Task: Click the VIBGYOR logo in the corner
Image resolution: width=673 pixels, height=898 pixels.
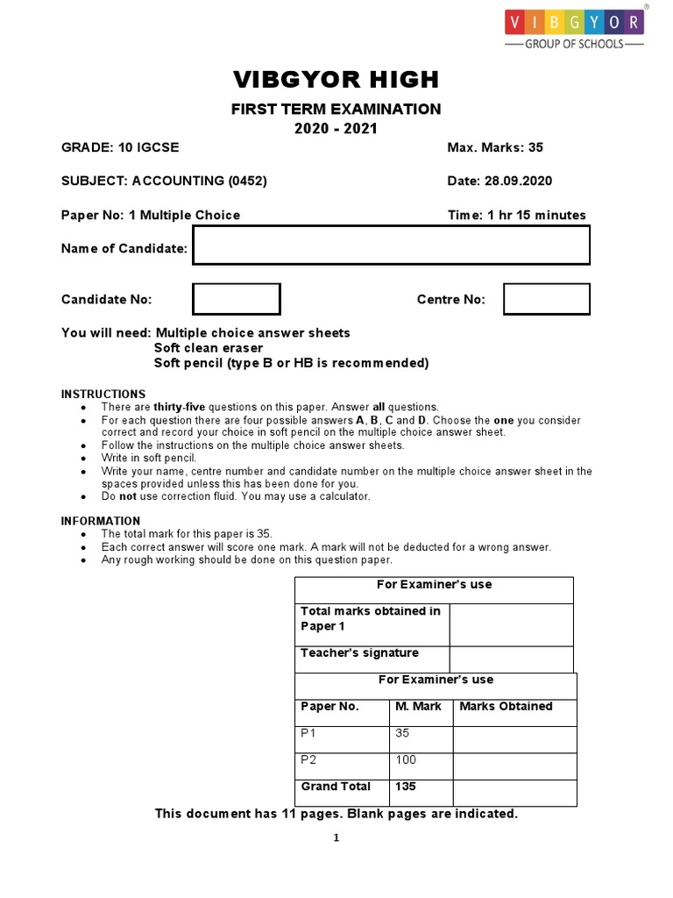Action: (x=573, y=26)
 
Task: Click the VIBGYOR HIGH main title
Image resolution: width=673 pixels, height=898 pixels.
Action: (x=336, y=80)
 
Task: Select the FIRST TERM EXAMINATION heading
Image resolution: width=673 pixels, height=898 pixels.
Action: (x=336, y=109)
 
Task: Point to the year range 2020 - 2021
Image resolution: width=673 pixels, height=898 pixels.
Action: (x=336, y=128)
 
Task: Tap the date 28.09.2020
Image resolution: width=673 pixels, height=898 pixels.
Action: (x=517, y=182)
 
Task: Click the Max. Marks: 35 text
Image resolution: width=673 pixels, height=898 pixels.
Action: (x=495, y=148)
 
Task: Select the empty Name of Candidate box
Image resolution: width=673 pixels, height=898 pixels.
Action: (x=391, y=245)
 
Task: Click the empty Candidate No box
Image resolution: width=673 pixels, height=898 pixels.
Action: (x=236, y=299)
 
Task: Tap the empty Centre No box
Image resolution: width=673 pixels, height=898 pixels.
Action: (x=547, y=299)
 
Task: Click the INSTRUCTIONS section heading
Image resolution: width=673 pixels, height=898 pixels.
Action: (x=103, y=394)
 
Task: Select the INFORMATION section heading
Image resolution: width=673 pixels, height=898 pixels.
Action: (x=101, y=521)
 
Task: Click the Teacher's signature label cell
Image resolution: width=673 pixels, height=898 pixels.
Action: (x=359, y=653)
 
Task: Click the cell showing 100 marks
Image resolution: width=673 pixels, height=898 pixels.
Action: (x=406, y=759)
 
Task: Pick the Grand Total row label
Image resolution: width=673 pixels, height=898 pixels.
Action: (x=336, y=787)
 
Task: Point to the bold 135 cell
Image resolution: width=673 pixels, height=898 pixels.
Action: (x=406, y=787)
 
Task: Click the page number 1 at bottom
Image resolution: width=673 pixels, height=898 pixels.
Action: (x=336, y=838)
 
